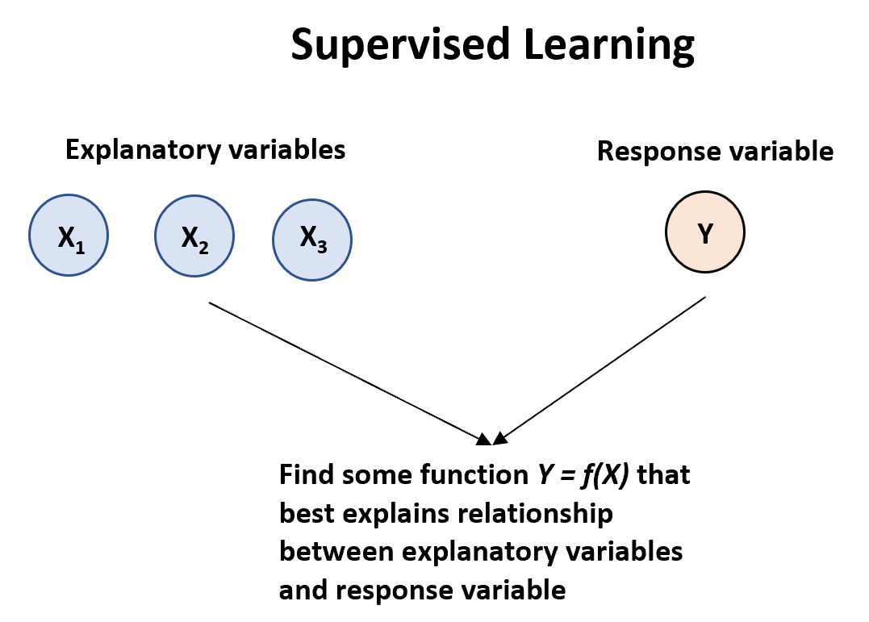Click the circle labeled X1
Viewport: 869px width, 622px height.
point(69,236)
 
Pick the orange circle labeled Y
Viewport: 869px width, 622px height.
point(705,232)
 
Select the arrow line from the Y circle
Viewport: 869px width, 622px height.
point(601,367)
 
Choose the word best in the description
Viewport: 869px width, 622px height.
point(303,513)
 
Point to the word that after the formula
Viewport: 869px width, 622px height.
point(664,474)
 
